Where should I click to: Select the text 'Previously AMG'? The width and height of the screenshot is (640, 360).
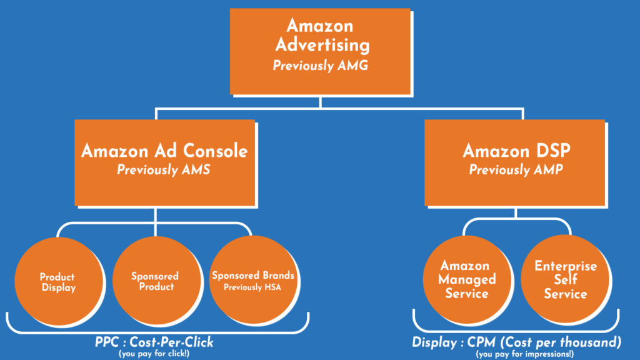pos(319,66)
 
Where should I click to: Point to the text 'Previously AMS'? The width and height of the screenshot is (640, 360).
pos(164,170)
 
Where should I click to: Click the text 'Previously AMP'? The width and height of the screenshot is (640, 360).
pos(516,170)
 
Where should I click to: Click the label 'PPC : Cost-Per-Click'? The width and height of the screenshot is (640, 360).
pos(154,342)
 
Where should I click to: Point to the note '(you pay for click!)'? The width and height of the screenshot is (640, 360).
pos(154,353)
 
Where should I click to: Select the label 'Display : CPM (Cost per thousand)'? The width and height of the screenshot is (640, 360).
pos(516,342)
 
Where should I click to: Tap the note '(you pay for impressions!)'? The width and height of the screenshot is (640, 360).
pos(516,354)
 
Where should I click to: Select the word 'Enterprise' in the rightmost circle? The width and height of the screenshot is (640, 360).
pos(566,266)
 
